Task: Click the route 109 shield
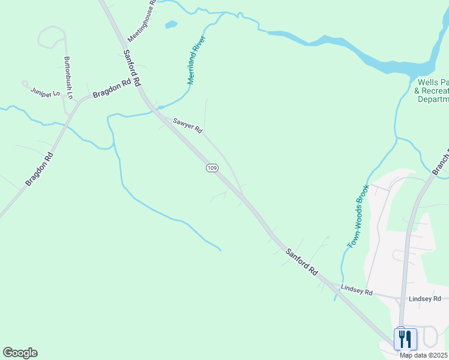point(211,168)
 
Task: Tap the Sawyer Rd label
point(188,125)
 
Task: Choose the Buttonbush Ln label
point(68,77)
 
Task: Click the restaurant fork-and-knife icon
point(405,339)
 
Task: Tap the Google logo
point(20,353)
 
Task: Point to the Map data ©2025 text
point(424,355)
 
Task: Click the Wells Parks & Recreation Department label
point(432,90)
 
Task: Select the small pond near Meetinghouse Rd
point(171,25)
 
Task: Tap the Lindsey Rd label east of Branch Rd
point(424,298)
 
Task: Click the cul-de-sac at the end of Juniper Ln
point(25,83)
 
